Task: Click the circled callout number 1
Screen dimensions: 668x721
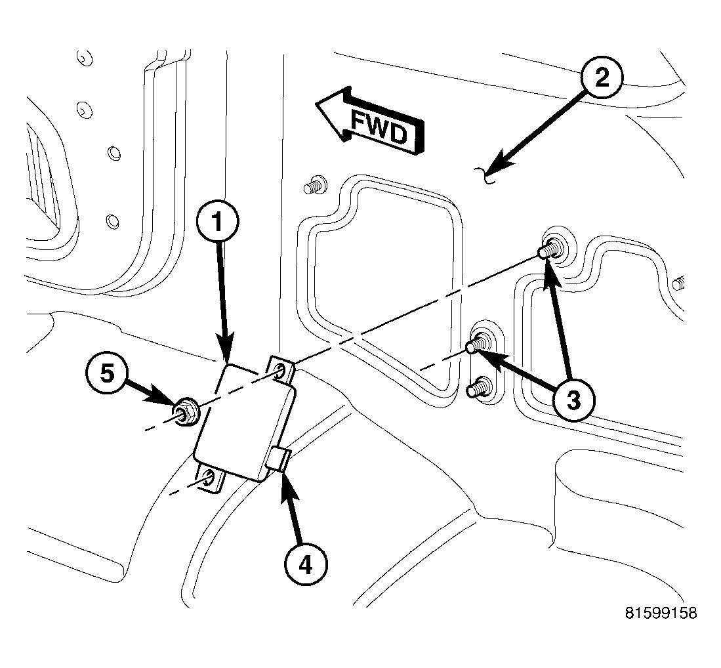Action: click(x=218, y=222)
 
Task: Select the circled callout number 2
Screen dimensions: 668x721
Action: click(x=601, y=78)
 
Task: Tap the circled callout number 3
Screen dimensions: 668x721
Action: click(x=573, y=398)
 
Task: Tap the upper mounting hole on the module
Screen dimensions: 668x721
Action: click(x=280, y=369)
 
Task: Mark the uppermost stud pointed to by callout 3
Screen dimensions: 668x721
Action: click(x=548, y=250)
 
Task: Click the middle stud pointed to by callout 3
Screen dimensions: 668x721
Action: click(x=478, y=344)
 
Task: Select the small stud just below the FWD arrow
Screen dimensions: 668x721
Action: click(x=315, y=186)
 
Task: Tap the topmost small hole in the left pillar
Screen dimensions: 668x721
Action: click(x=82, y=58)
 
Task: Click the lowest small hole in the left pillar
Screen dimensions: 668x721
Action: click(x=112, y=219)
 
